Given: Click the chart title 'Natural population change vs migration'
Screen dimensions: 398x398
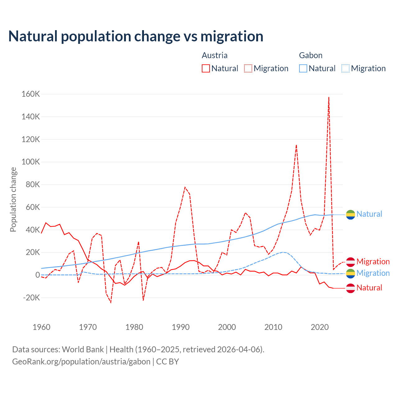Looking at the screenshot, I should pyautogui.click(x=136, y=36).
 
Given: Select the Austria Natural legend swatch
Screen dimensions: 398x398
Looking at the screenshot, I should pyautogui.click(x=206, y=68).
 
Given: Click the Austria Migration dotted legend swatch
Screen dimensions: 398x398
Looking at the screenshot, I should pyautogui.click(x=248, y=68).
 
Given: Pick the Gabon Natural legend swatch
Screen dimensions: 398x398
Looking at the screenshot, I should pyautogui.click(x=303, y=68).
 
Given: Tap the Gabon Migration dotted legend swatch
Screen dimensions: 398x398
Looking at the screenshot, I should pyautogui.click(x=345, y=68).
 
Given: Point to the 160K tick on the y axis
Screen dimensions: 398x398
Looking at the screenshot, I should pyautogui.click(x=31, y=94).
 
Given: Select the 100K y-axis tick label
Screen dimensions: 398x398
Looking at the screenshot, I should pyautogui.click(x=31, y=162).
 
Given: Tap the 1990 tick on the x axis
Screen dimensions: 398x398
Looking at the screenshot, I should pyautogui.click(x=181, y=327).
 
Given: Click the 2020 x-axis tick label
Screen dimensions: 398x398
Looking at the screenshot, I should pyautogui.click(x=320, y=327).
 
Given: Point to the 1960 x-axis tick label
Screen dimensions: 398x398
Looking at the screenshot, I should pyautogui.click(x=41, y=327).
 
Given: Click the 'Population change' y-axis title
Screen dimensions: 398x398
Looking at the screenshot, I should pyautogui.click(x=13, y=199).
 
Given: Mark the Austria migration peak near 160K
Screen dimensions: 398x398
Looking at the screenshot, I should pyautogui.click(x=329, y=97).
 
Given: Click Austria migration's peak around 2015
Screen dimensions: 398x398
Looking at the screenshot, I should pyautogui.click(x=296, y=145).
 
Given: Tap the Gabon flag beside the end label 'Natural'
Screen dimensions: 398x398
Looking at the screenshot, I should pyautogui.click(x=350, y=214).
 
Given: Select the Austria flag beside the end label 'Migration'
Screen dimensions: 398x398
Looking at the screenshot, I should pyautogui.click(x=350, y=262).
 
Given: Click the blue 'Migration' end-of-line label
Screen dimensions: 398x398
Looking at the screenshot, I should pyautogui.click(x=373, y=273).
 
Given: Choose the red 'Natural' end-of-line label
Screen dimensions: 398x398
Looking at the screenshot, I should pyautogui.click(x=369, y=288).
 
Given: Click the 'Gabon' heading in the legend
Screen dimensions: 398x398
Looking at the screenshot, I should pyautogui.click(x=311, y=55).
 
